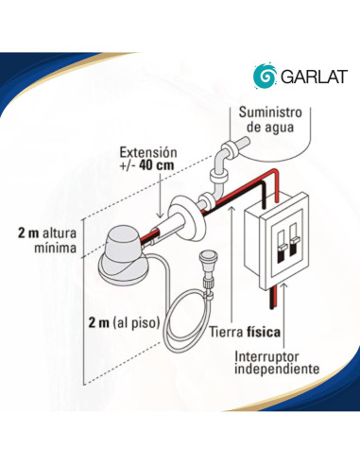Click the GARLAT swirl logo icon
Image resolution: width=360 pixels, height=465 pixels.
265,75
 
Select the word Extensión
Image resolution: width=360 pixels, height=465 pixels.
149,152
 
